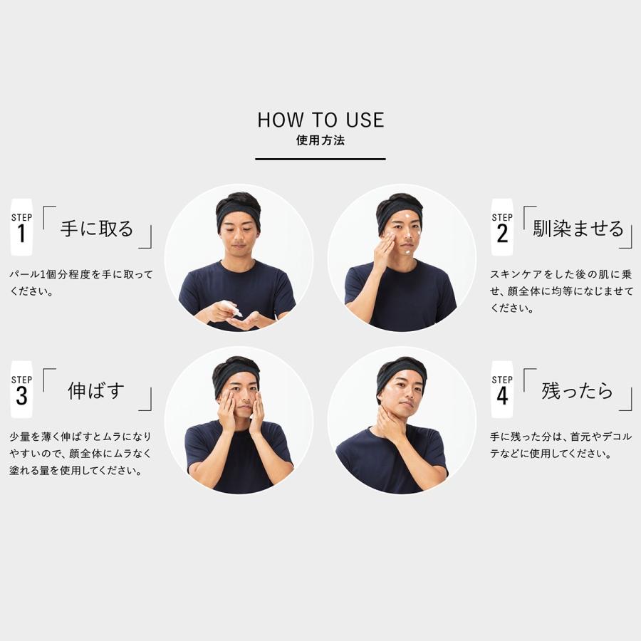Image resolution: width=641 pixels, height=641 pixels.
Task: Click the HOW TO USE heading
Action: [x=320, y=120]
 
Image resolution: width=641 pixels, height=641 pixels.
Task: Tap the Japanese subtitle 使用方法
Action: [x=320, y=140]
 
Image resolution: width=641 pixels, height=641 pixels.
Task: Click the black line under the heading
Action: [x=320, y=158]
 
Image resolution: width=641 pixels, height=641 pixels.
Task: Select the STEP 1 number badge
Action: [x=21, y=227]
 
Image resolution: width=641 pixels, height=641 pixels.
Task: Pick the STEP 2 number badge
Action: [x=502, y=227]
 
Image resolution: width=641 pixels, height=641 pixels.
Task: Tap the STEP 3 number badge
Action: [x=21, y=389]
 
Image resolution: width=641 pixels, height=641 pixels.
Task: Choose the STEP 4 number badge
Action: [x=502, y=389]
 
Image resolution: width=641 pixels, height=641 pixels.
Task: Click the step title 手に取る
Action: [x=97, y=229]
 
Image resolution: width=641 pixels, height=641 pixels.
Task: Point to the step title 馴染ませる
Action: [x=578, y=229]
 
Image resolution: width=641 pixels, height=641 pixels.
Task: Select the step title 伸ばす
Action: [x=96, y=390]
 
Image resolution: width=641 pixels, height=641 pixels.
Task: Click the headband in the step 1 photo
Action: [x=238, y=210]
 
